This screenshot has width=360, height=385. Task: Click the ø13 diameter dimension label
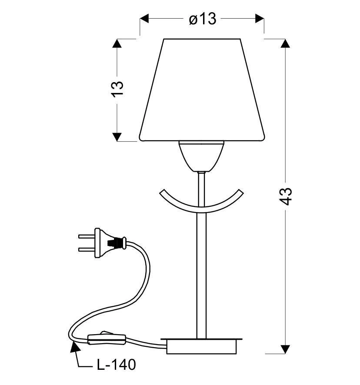pyautogui.click(x=202, y=19)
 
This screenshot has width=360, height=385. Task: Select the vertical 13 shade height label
pyautogui.click(x=118, y=90)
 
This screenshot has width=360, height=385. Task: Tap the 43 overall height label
pyautogui.click(x=286, y=196)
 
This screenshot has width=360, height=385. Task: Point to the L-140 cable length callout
pyautogui.click(x=116, y=365)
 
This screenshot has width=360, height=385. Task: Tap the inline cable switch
pyautogui.click(x=107, y=338)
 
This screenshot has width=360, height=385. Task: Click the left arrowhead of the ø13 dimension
pyautogui.click(x=144, y=19)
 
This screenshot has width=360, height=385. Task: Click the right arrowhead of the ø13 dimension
pyautogui.click(x=260, y=19)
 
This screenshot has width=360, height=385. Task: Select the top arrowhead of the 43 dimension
pyautogui.click(x=285, y=44)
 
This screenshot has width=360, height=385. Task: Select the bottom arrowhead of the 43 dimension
pyautogui.click(x=285, y=349)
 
